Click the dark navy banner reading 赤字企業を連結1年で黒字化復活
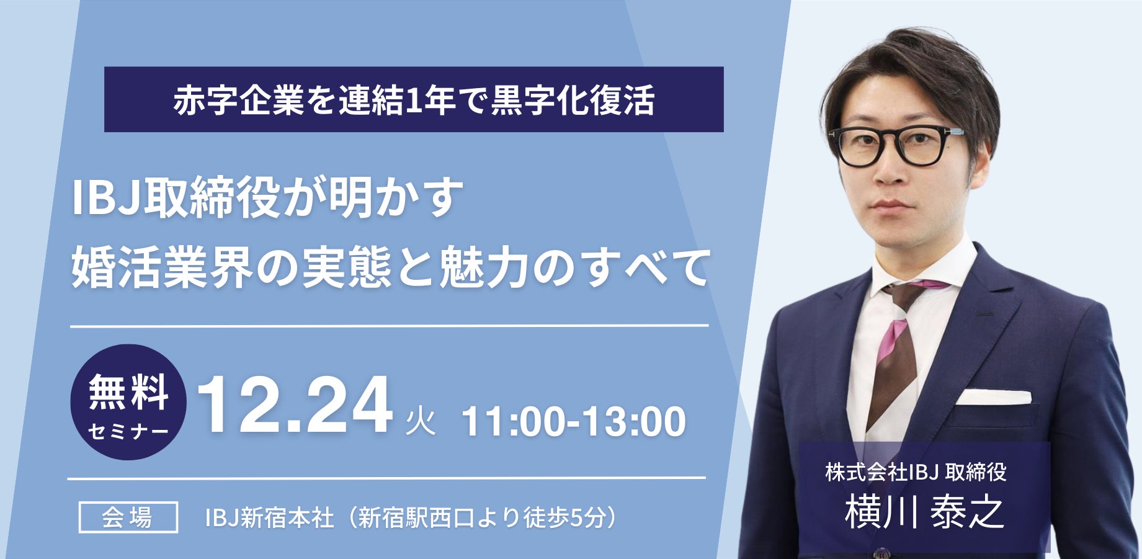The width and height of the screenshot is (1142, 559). click(x=414, y=99)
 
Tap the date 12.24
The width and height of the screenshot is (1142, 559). click(x=295, y=405)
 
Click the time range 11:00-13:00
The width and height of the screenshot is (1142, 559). click(x=574, y=421)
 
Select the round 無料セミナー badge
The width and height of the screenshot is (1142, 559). click(x=128, y=402)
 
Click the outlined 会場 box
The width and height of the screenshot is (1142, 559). click(x=128, y=517)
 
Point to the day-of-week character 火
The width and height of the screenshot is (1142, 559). click(x=420, y=421)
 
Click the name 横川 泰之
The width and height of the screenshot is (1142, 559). click(x=924, y=512)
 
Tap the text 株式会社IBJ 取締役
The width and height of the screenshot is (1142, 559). click(x=916, y=472)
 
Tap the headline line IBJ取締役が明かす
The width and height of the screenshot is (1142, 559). click(x=268, y=198)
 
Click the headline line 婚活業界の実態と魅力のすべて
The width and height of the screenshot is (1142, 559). click(x=391, y=267)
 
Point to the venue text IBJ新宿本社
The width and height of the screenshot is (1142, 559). click(x=270, y=518)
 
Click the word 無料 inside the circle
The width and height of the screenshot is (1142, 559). click(x=128, y=391)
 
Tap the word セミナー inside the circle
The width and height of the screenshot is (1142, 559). click(x=128, y=431)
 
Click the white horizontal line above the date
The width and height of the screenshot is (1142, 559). click(x=389, y=325)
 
